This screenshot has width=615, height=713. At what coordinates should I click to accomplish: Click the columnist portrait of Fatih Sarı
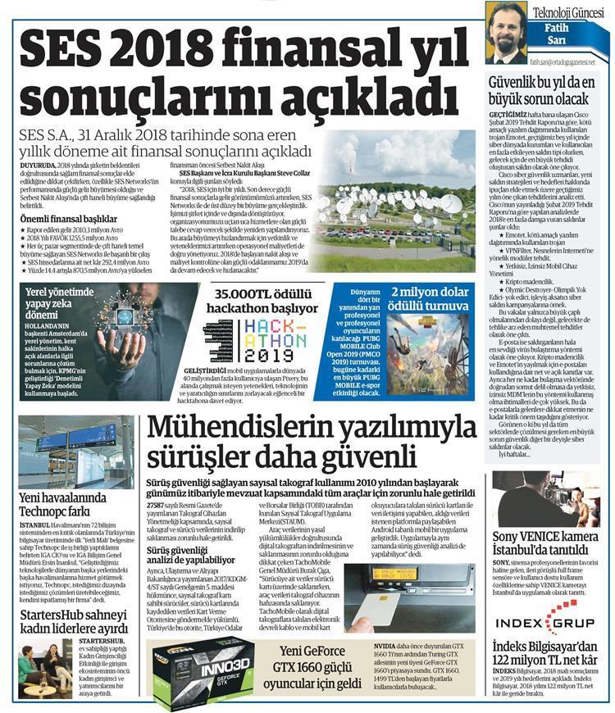[x=506, y=33]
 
